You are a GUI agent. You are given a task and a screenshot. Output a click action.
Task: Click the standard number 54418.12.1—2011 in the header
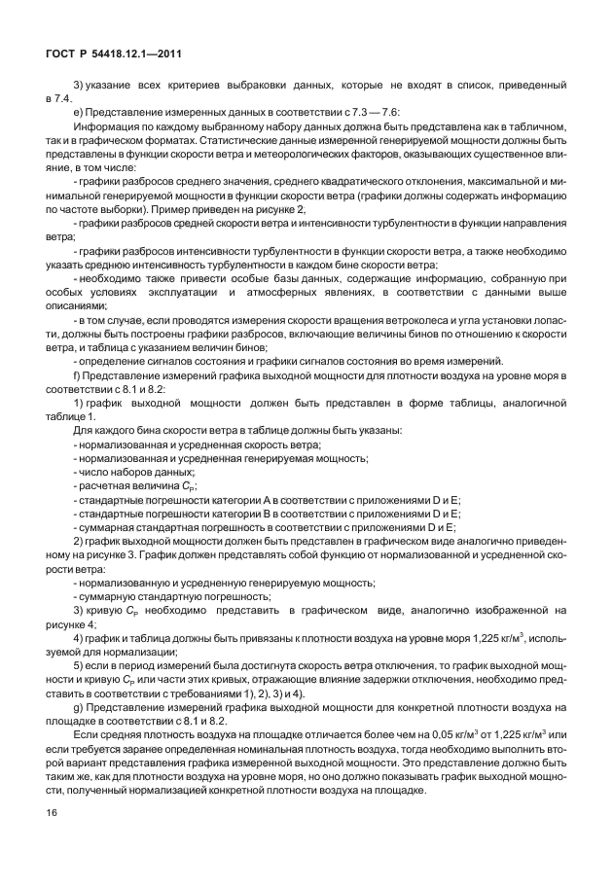coord(132,55)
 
